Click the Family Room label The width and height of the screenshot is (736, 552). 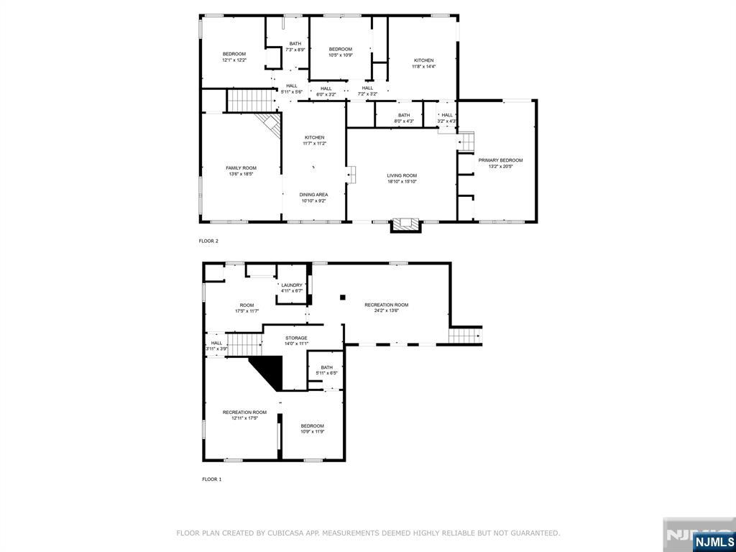pos(241,167)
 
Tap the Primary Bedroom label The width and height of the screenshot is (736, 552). pos(500,160)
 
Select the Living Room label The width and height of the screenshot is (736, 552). pos(402,175)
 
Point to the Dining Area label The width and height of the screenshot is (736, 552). pos(313,195)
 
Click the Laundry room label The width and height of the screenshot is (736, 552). pos(291,285)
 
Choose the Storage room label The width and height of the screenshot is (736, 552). pos(295,338)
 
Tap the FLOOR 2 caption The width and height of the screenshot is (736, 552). pos(208,241)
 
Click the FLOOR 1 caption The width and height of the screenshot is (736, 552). pos(211,479)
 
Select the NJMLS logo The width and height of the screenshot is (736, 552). pos(714,541)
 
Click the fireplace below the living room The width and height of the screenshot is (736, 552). pos(405,225)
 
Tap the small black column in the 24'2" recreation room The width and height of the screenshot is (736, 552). pos(344,297)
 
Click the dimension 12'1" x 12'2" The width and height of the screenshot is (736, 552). pos(234,60)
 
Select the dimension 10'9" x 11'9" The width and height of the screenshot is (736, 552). pos(312,431)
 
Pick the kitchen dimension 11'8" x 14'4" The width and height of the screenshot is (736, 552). pos(423,66)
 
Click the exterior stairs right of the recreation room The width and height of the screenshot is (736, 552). pos(465,336)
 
